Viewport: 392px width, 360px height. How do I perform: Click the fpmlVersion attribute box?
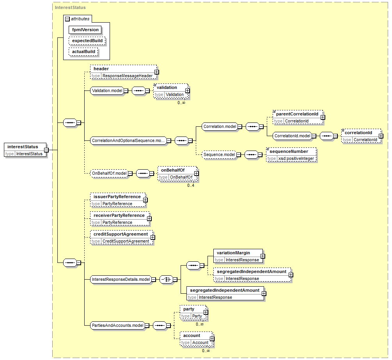click(85, 30)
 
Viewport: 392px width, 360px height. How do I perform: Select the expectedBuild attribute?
click(87, 41)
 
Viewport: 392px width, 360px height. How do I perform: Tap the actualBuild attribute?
click(83, 52)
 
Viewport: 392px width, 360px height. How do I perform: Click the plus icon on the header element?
click(156, 72)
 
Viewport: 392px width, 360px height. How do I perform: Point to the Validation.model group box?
click(107, 90)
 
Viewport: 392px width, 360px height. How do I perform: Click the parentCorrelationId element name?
click(297, 114)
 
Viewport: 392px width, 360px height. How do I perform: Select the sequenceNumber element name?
click(289, 151)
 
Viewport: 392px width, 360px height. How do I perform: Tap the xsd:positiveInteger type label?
click(296, 158)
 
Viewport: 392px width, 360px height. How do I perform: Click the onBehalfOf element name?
click(173, 170)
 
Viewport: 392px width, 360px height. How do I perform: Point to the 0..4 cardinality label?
click(191, 186)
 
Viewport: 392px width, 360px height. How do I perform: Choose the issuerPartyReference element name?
click(117, 197)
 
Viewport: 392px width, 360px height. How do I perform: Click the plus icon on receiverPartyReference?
click(149, 219)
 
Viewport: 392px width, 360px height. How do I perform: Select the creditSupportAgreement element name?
click(121, 234)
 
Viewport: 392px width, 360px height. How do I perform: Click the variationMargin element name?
click(233, 253)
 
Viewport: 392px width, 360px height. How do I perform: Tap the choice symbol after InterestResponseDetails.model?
click(166, 279)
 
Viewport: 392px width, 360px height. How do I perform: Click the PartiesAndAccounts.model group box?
click(117, 326)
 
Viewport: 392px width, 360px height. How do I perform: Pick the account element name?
click(192, 335)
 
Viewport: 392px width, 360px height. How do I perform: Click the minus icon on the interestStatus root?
click(46, 150)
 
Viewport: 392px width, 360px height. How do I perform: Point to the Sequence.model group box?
click(219, 154)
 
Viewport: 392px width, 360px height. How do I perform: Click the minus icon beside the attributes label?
click(67, 19)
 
